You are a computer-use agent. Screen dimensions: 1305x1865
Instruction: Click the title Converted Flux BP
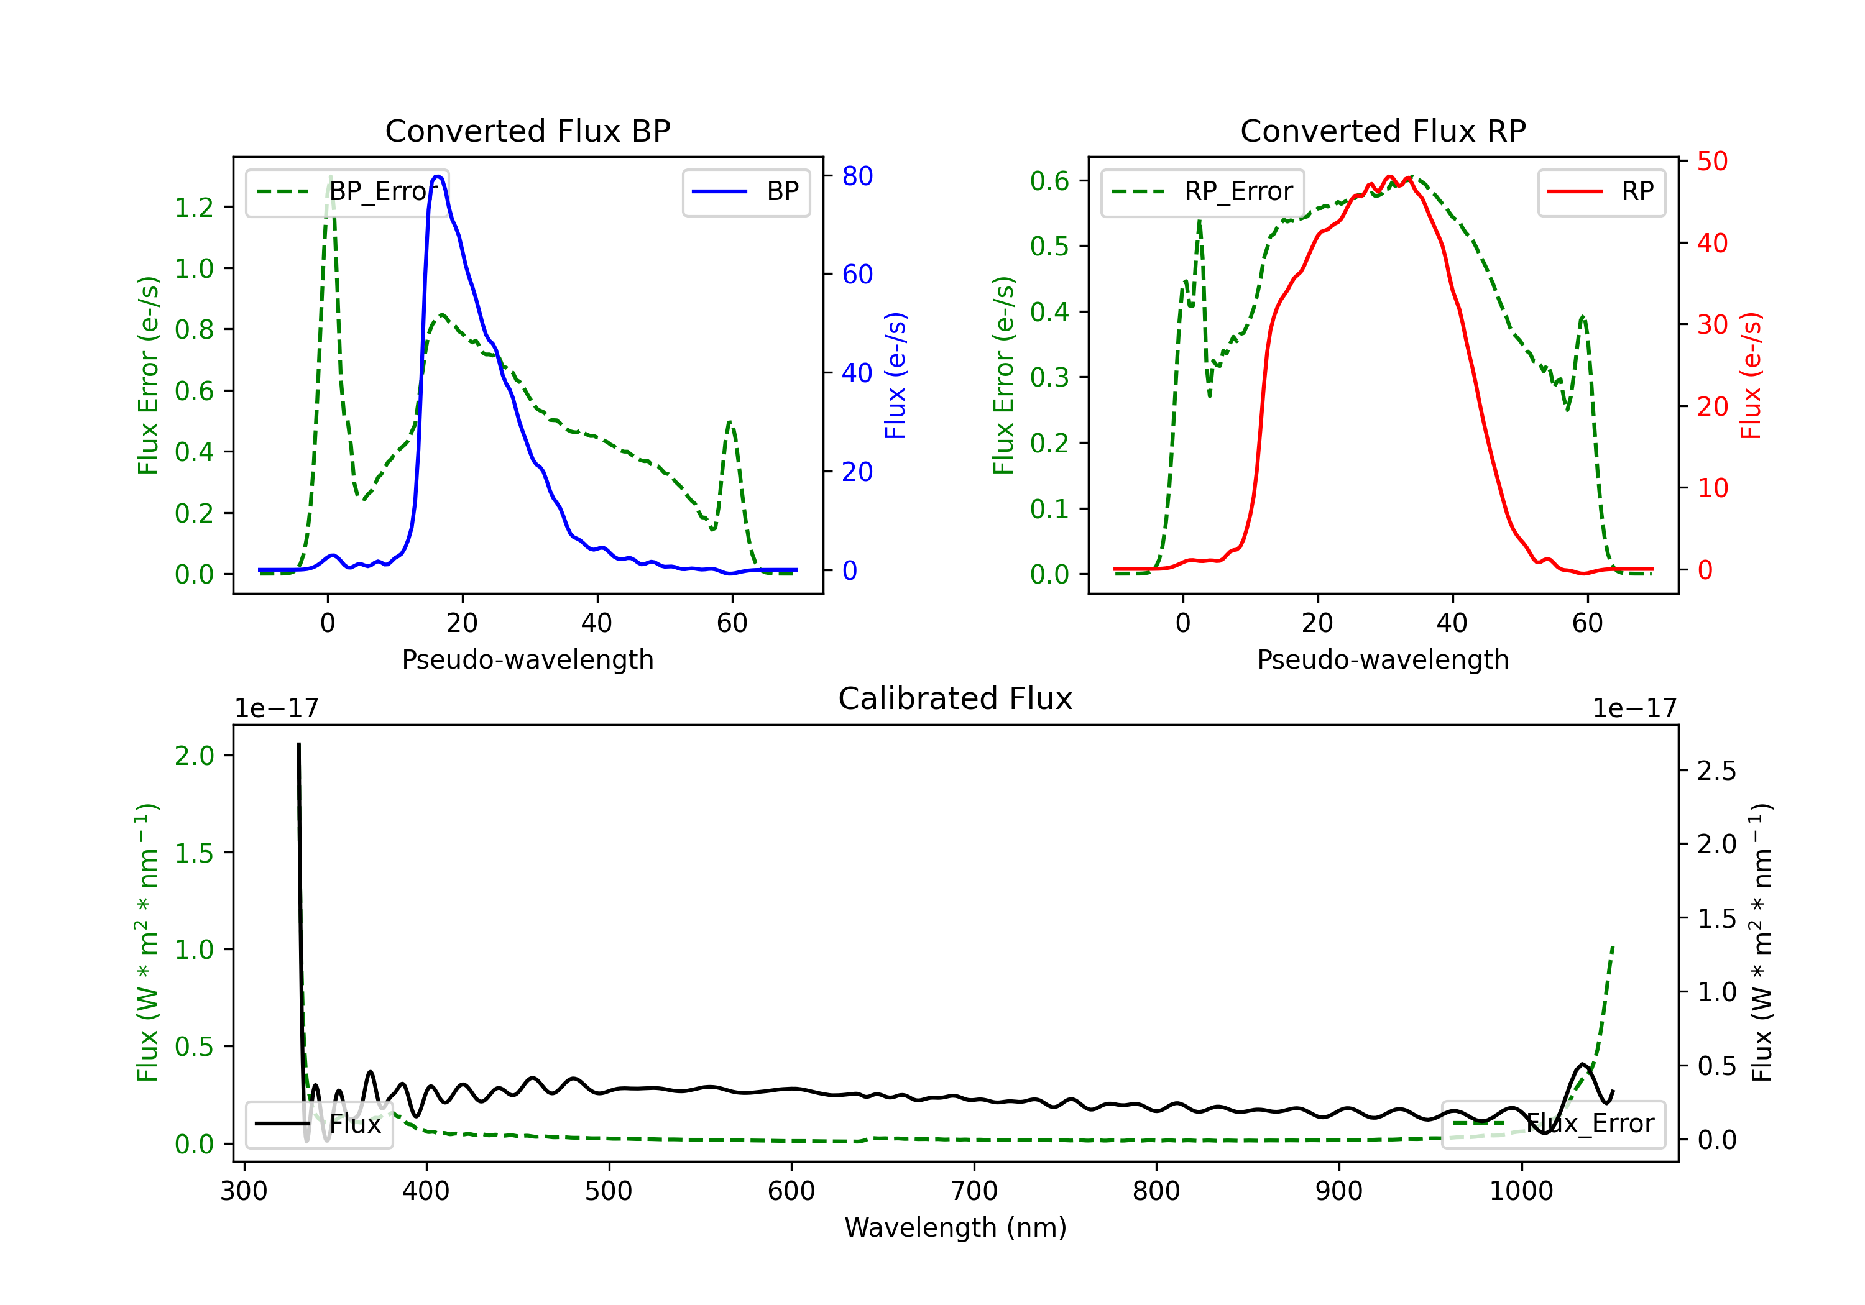[527, 130]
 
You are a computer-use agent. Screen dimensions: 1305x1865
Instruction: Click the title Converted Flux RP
[1383, 130]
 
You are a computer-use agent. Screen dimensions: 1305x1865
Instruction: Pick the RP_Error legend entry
[1203, 191]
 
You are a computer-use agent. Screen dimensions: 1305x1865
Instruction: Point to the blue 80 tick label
[857, 176]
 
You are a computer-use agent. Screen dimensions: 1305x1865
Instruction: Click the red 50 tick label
[1712, 161]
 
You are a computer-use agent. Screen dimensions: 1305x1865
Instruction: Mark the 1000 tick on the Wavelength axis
[1521, 1191]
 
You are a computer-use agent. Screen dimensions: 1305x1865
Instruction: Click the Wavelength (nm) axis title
[956, 1227]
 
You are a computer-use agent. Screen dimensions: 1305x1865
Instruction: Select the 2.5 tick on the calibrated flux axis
[1716, 771]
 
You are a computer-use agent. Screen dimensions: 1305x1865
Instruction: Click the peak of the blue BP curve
[438, 176]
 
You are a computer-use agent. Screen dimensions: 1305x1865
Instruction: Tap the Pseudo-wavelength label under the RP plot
[1383, 659]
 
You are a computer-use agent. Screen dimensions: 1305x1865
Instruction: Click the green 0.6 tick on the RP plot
[1049, 180]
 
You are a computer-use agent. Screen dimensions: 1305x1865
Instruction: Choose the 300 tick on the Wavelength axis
[244, 1191]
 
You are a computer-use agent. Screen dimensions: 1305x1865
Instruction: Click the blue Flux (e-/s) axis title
[895, 375]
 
